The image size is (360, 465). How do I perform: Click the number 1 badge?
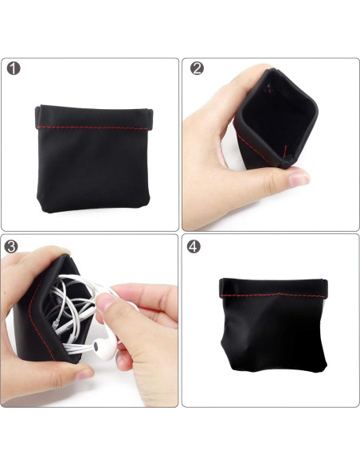[x=14, y=69]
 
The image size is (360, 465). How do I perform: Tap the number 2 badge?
[x=197, y=69]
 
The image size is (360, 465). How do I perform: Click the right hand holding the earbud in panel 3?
[x=147, y=318]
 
